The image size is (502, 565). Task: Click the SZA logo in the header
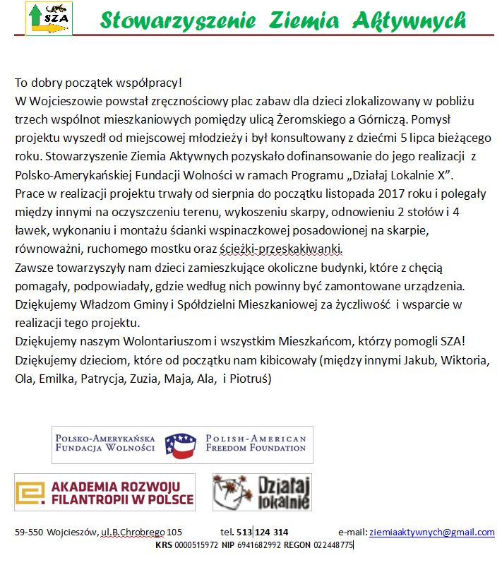coord(49,19)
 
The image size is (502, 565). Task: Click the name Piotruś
coord(256,378)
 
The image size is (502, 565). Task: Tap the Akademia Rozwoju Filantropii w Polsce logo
coord(104,492)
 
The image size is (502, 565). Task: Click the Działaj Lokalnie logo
coord(262,492)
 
